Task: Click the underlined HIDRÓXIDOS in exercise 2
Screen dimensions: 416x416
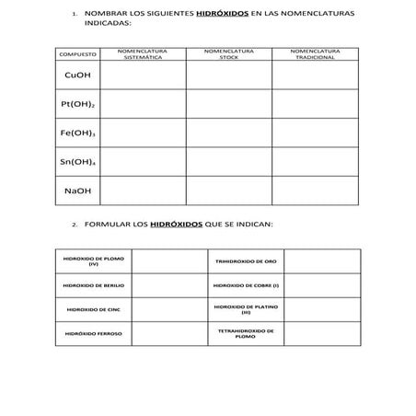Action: (176, 225)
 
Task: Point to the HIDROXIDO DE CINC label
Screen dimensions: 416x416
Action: (93, 309)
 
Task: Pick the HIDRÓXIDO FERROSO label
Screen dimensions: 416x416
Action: (93, 333)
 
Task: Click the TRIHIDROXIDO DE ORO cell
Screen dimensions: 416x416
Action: (238, 262)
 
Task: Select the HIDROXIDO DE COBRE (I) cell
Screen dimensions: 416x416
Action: (238, 285)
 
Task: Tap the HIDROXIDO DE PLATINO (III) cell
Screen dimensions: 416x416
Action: (238, 309)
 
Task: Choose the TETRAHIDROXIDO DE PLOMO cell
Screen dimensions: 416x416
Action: (238, 333)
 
